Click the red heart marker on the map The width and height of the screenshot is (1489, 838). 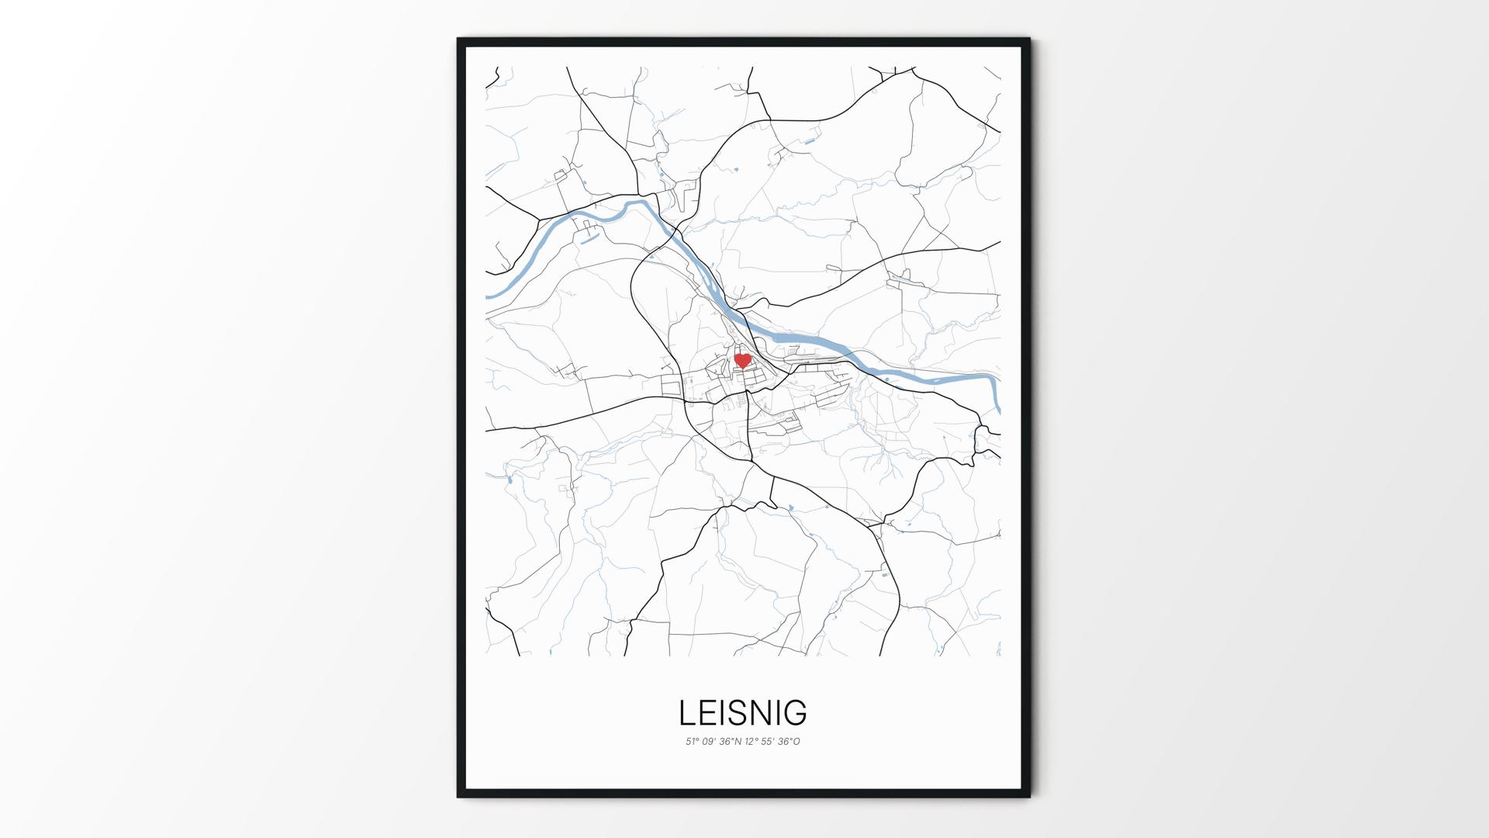tap(742, 361)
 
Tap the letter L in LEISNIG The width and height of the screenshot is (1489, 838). tap(686, 712)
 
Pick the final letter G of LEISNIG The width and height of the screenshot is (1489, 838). tap(796, 712)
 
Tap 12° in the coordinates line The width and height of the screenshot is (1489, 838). tap(751, 742)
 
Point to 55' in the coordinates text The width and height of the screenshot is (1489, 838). tap(769, 742)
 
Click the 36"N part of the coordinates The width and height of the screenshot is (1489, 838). tap(731, 742)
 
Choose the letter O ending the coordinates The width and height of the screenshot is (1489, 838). tap(796, 742)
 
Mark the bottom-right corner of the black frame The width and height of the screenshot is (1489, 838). tap(1028, 795)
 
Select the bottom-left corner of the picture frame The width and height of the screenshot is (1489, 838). tap(459, 795)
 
